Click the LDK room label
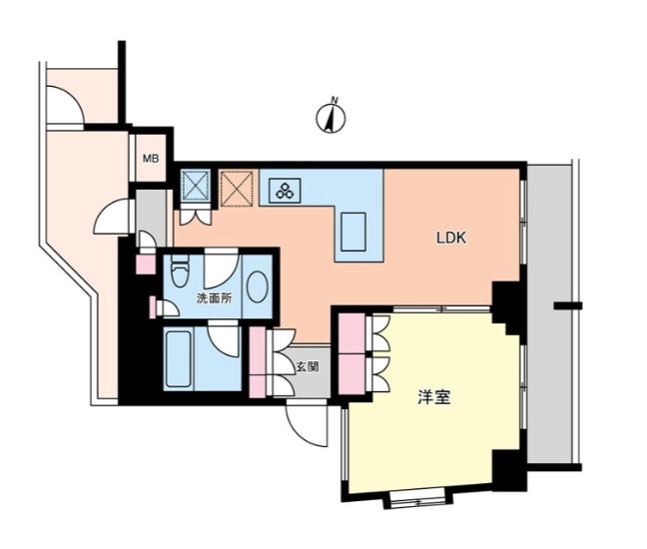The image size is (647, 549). coord(451,238)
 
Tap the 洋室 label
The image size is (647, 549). coord(434,397)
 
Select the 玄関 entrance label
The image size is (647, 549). coord(308,366)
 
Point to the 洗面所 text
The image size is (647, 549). coord(214,298)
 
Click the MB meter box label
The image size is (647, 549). coord(151,159)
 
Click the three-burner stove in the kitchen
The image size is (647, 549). coord(285,190)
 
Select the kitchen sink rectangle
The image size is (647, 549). coord(353,232)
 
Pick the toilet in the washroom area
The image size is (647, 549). coord(180,271)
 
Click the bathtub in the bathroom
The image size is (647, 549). coord(179,358)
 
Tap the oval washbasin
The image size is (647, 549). coord(257,286)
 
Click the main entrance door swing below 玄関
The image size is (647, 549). coord(307,423)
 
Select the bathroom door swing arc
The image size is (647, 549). coord(224,338)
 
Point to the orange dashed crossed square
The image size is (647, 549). coord(237,189)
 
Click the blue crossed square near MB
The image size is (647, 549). coord(195,185)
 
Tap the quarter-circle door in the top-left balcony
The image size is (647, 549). coord(65,105)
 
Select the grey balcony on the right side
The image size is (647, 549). coord(549,314)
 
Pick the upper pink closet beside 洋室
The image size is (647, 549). coord(351,332)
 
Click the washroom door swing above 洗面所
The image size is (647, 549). coord(222,269)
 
